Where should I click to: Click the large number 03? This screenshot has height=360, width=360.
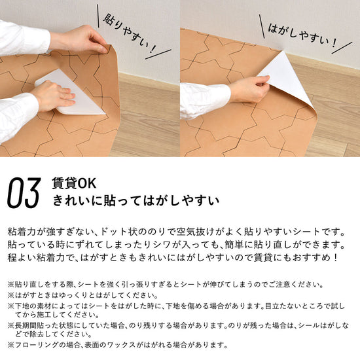click(24, 193)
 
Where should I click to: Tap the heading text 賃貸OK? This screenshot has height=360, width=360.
click(74, 183)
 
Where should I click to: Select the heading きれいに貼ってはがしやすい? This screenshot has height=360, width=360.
click(135, 201)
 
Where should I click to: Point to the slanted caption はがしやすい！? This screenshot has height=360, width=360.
click(302, 35)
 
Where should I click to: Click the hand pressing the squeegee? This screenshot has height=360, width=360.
click(53, 96)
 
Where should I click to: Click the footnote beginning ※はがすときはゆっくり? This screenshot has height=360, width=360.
click(82, 295)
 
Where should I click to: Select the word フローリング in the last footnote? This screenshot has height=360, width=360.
click(37, 345)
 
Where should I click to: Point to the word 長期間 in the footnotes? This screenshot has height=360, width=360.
click(26, 325)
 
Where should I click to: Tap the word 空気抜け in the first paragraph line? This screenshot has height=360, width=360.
click(191, 232)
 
